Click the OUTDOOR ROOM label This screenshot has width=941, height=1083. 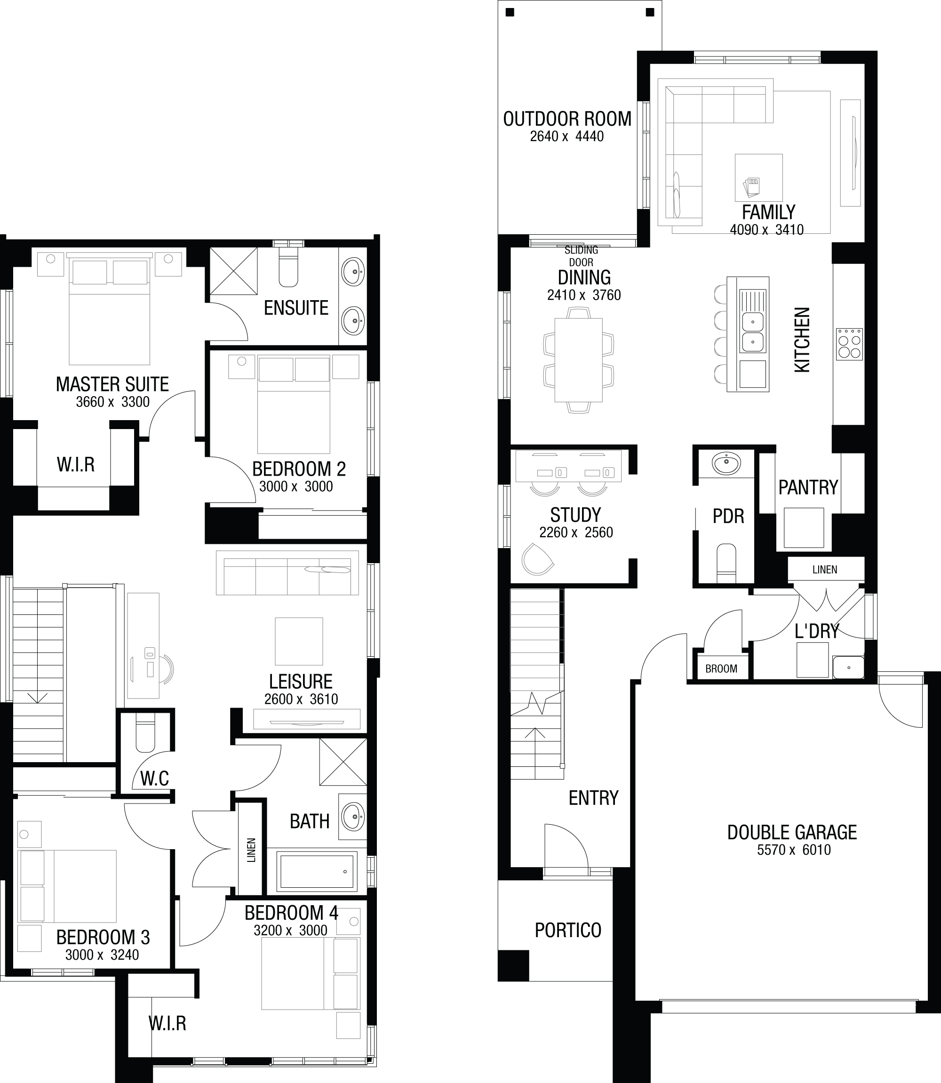point(567,119)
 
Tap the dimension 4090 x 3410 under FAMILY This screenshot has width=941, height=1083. point(766,230)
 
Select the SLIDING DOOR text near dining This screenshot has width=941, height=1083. point(581,255)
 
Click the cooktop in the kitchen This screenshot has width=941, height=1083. point(850,344)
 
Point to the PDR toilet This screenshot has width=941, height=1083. point(727,562)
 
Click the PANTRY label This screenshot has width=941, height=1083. point(808,487)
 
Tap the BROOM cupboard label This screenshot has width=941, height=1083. point(721,669)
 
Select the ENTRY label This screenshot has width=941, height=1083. point(593,798)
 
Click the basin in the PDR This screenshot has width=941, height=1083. point(726,464)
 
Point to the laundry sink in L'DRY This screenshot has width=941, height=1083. point(848,666)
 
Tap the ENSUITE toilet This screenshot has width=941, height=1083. point(288,267)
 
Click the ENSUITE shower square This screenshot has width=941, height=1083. point(234,271)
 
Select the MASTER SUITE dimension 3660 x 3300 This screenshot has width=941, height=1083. point(112,402)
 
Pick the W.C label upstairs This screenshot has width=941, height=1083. point(154,779)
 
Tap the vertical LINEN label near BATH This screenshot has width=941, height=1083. point(251,850)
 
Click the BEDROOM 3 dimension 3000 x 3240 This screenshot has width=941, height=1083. point(102,955)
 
